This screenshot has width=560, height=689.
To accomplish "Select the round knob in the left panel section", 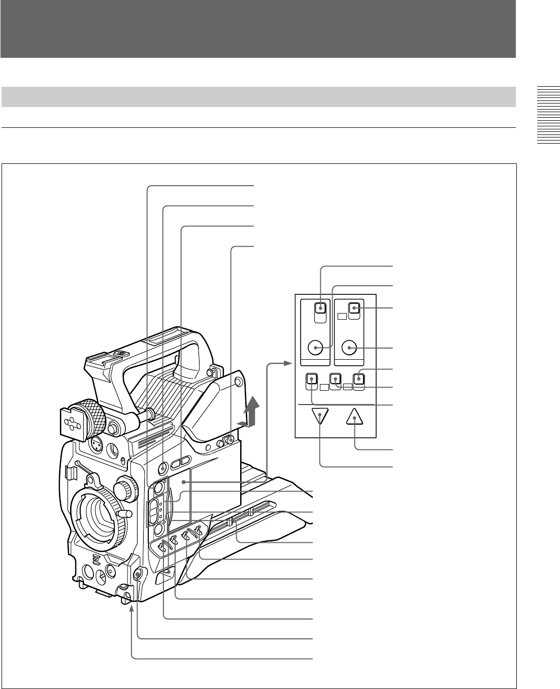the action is coord(316,348).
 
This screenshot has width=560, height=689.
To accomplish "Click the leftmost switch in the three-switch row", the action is coord(311,379).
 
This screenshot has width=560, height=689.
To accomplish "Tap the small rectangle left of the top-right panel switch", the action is coord(343,316).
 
